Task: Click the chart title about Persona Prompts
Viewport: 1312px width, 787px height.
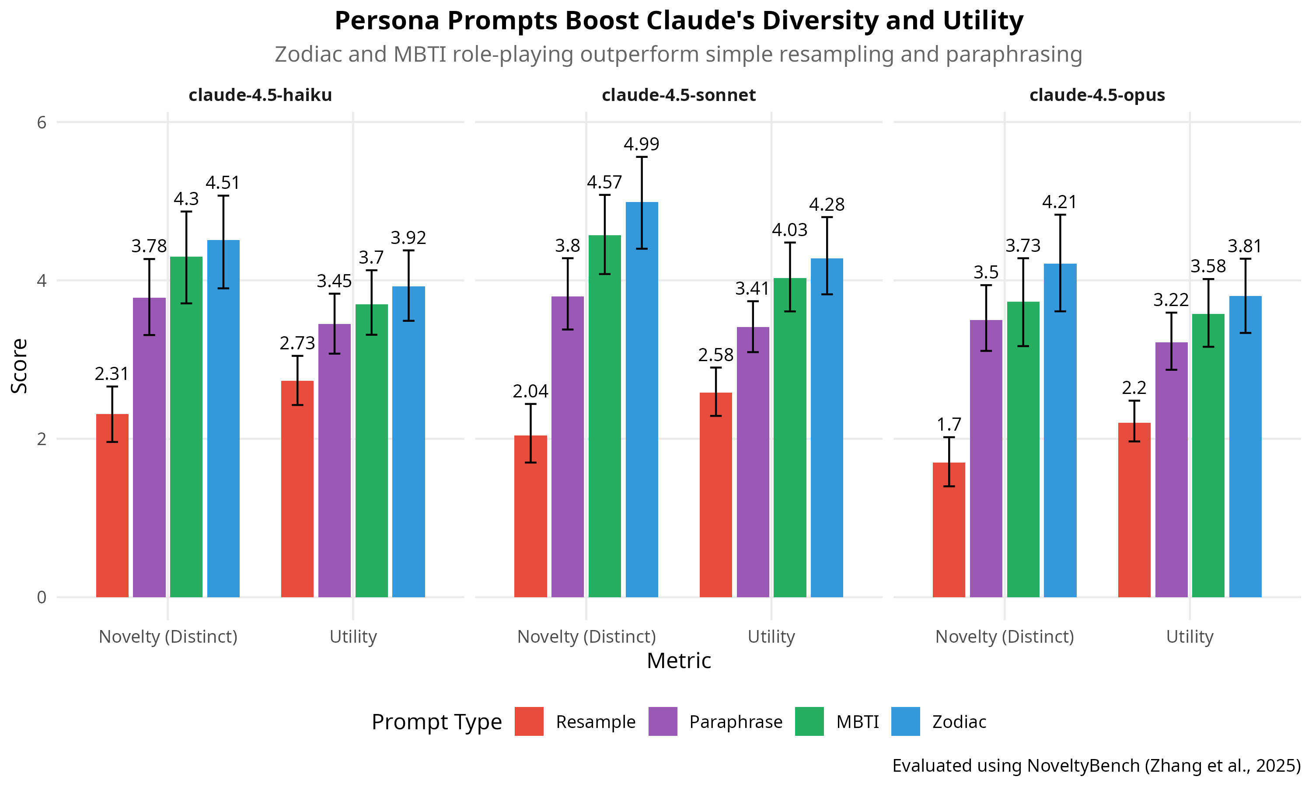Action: pyautogui.click(x=678, y=21)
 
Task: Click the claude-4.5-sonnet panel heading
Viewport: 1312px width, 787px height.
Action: pyautogui.click(x=678, y=95)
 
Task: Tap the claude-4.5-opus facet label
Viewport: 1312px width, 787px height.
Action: pyautogui.click(x=1097, y=95)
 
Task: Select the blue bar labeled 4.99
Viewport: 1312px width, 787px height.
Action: pyautogui.click(x=642, y=398)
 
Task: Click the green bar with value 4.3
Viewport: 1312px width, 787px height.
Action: pyautogui.click(x=186, y=424)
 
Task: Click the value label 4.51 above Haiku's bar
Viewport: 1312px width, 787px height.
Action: pyautogui.click(x=223, y=183)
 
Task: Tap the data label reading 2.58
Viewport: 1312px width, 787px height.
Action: pyautogui.click(x=715, y=355)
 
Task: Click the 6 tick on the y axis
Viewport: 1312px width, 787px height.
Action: pyautogui.click(x=42, y=122)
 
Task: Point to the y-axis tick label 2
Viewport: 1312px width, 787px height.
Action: pyautogui.click(x=42, y=439)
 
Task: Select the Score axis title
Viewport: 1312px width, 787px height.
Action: pyautogui.click(x=20, y=366)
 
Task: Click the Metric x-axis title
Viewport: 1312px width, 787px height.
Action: pyautogui.click(x=678, y=661)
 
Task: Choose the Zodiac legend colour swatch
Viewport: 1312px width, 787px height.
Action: pyautogui.click(x=905, y=721)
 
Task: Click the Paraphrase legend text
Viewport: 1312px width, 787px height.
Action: pyautogui.click(x=736, y=722)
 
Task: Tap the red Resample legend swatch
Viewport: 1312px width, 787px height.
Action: pyautogui.click(x=529, y=721)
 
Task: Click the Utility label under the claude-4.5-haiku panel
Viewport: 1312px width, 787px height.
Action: pyautogui.click(x=353, y=637)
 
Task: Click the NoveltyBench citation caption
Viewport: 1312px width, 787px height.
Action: pyautogui.click(x=1096, y=765)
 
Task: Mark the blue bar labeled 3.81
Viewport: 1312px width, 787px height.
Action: pyautogui.click(x=1245, y=446)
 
